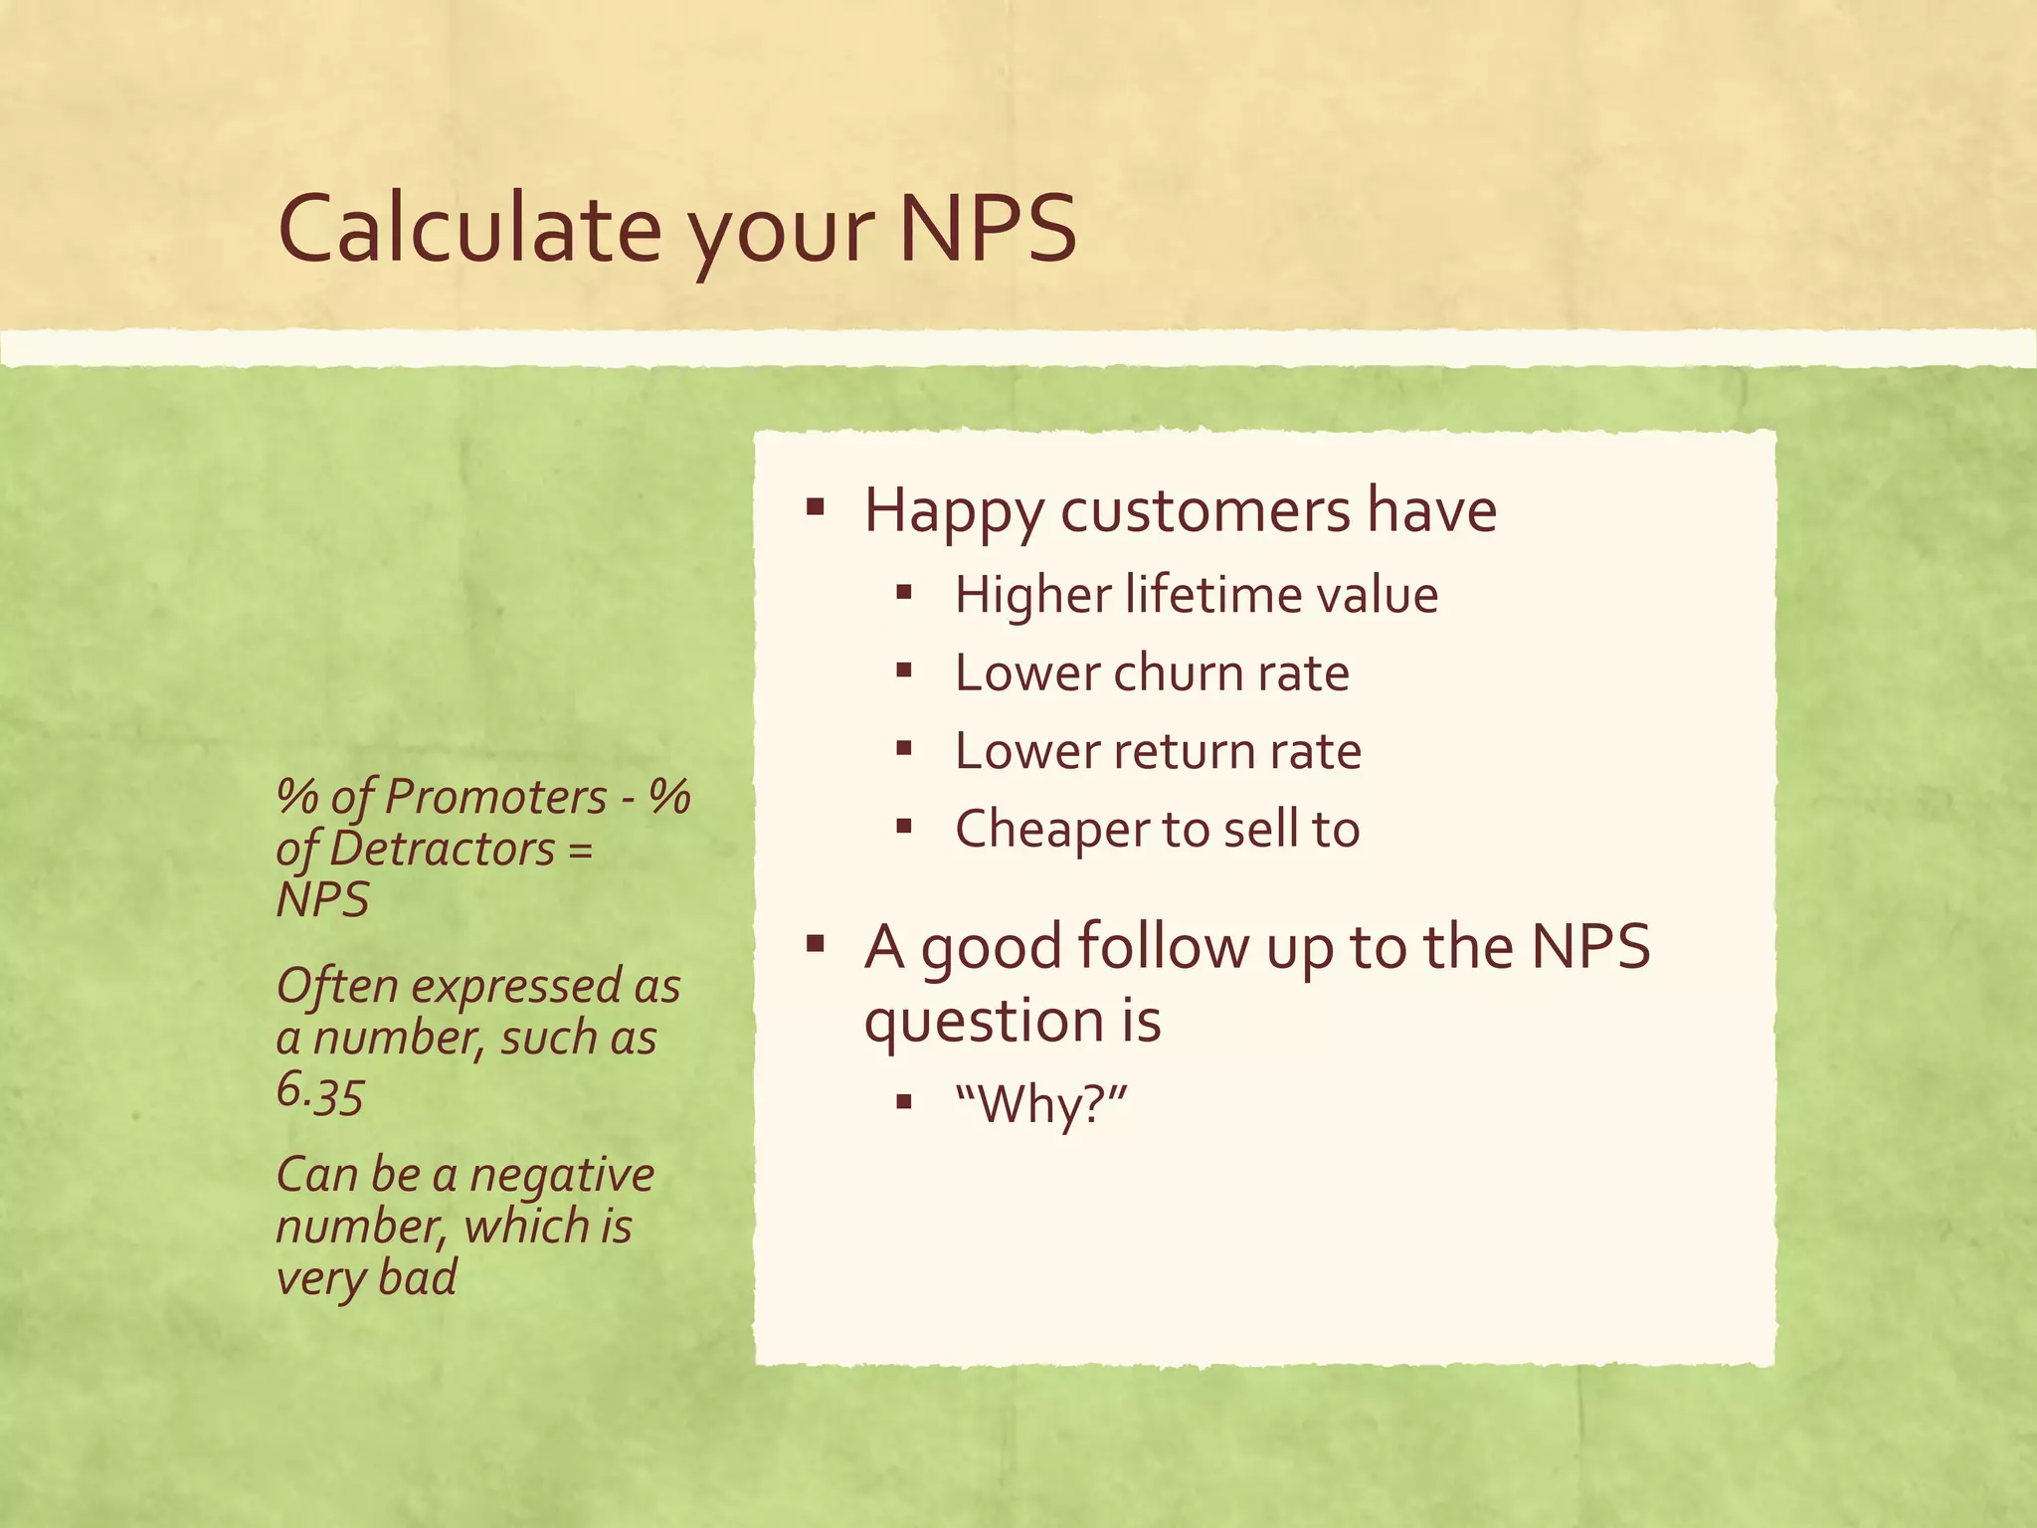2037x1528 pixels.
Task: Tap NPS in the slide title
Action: coord(987,229)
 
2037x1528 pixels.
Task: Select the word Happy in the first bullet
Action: coord(953,511)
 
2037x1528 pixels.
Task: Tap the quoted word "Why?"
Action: coord(1041,1104)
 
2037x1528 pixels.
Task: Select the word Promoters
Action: coord(495,798)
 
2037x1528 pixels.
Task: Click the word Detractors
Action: coord(442,850)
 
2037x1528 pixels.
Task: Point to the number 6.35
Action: coord(319,1091)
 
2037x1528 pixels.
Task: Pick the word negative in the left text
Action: coord(561,1176)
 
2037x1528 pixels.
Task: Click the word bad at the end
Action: coord(418,1277)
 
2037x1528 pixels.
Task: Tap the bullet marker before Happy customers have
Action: coord(816,509)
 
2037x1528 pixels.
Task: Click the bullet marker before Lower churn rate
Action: coord(903,671)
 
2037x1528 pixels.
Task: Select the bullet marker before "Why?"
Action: coord(903,1101)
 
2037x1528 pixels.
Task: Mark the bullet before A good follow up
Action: coord(816,943)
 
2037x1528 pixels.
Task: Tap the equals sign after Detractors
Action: coord(583,850)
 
